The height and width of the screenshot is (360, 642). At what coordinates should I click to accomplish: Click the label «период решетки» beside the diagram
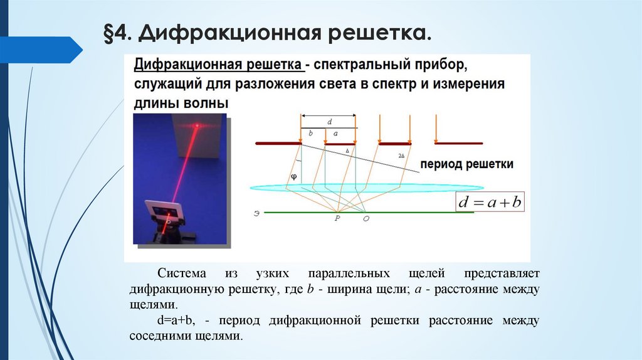[467, 164]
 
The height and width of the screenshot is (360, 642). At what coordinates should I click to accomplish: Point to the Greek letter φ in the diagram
[292, 177]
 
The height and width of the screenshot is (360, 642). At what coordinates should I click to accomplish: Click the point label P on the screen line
[337, 218]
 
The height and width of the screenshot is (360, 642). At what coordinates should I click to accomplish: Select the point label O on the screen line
[367, 218]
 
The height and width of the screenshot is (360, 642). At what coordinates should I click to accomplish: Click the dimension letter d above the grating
[330, 120]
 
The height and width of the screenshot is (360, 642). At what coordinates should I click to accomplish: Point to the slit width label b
[310, 133]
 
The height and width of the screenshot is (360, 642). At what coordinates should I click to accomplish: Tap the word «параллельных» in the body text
[342, 275]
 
